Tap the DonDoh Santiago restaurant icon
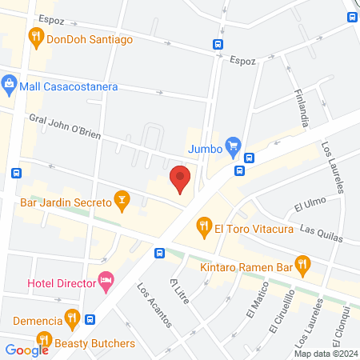[35, 36]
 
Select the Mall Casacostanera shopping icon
[10, 82]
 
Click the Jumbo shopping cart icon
[233, 146]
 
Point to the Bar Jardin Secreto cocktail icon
[122, 198]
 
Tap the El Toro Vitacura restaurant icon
[203, 227]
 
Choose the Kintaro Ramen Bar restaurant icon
[302, 262]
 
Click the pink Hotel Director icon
[106, 280]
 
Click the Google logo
[26, 350]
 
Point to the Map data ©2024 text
[326, 354]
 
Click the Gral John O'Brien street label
[64, 126]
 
